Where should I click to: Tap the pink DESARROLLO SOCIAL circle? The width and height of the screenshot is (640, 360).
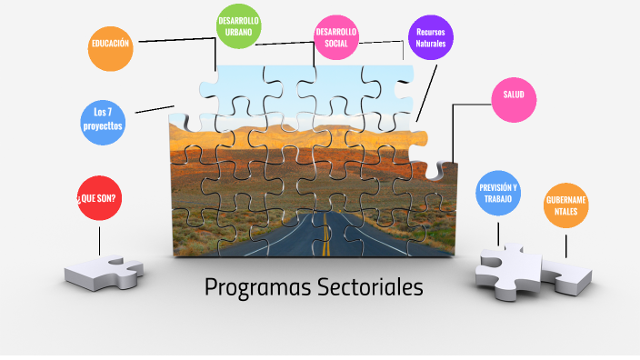click(x=336, y=37)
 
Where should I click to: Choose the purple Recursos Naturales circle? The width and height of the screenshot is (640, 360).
click(x=430, y=37)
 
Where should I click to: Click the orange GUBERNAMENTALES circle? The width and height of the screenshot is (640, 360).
click(x=566, y=205)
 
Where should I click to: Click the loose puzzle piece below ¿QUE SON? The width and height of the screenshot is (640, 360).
click(x=103, y=272)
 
